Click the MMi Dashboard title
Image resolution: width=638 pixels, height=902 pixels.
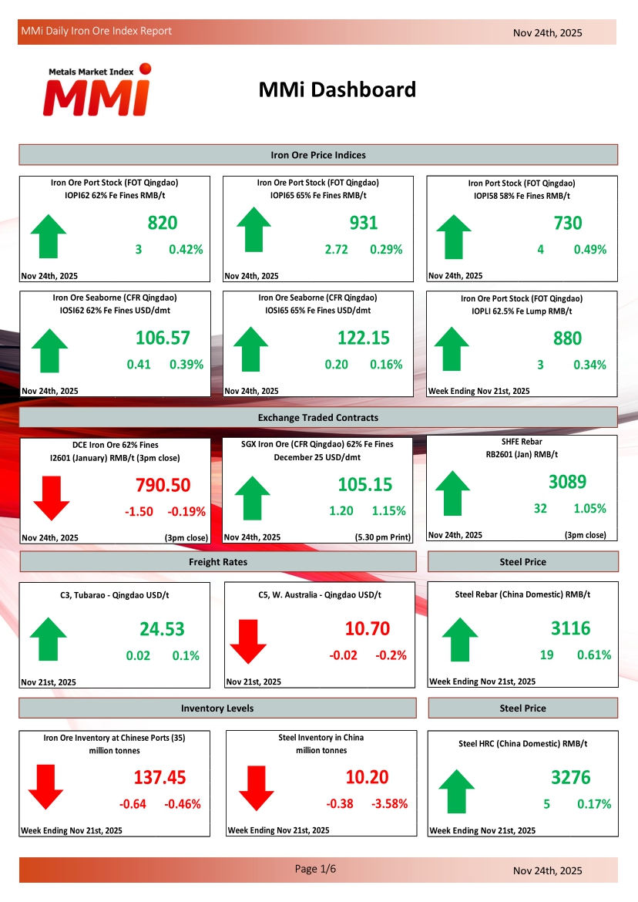[337, 89]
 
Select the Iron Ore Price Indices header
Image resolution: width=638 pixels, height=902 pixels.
[318, 155]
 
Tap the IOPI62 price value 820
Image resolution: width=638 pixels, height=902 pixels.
[163, 223]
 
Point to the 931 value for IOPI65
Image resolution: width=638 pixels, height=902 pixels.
[364, 223]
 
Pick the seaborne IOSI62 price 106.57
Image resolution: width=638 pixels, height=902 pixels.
[163, 338]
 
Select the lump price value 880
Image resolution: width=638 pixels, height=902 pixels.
[568, 338]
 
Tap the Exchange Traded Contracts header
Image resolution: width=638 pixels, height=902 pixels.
[318, 417]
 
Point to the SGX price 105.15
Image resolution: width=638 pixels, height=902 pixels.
[364, 484]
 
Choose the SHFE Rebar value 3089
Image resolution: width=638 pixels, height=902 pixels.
[568, 482]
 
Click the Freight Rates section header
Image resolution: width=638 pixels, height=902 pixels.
[218, 562]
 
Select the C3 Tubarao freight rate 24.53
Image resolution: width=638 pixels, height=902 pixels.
[162, 629]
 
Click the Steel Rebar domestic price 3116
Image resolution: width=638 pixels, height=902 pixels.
[571, 628]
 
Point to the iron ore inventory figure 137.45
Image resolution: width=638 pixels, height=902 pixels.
[159, 777]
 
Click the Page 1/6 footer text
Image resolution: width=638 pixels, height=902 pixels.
[316, 869]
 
